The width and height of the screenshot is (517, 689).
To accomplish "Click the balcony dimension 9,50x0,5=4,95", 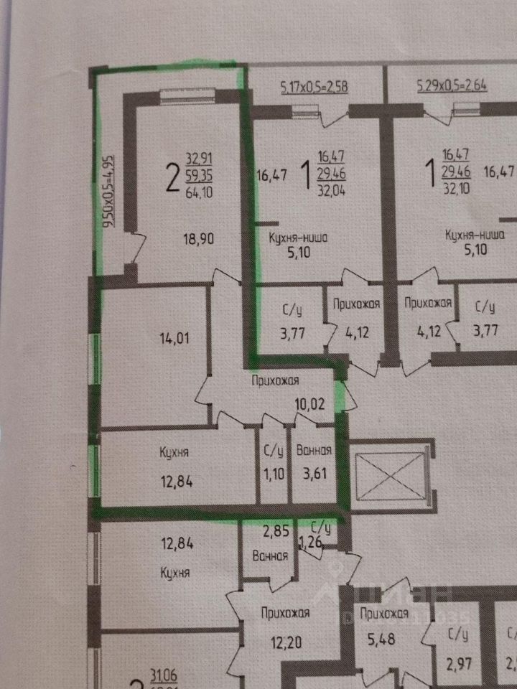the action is tap(108, 192).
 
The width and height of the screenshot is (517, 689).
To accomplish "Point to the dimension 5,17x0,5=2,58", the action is tap(313, 88).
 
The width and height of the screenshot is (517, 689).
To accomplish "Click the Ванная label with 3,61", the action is tap(313, 451).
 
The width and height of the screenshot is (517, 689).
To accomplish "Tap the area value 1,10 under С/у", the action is tap(273, 474).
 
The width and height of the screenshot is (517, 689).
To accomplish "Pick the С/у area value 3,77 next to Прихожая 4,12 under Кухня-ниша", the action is tap(292, 332).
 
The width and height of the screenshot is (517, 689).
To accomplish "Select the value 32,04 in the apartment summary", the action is tap(331, 191).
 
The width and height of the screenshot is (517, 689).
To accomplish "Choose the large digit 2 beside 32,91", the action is tap(172, 177).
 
